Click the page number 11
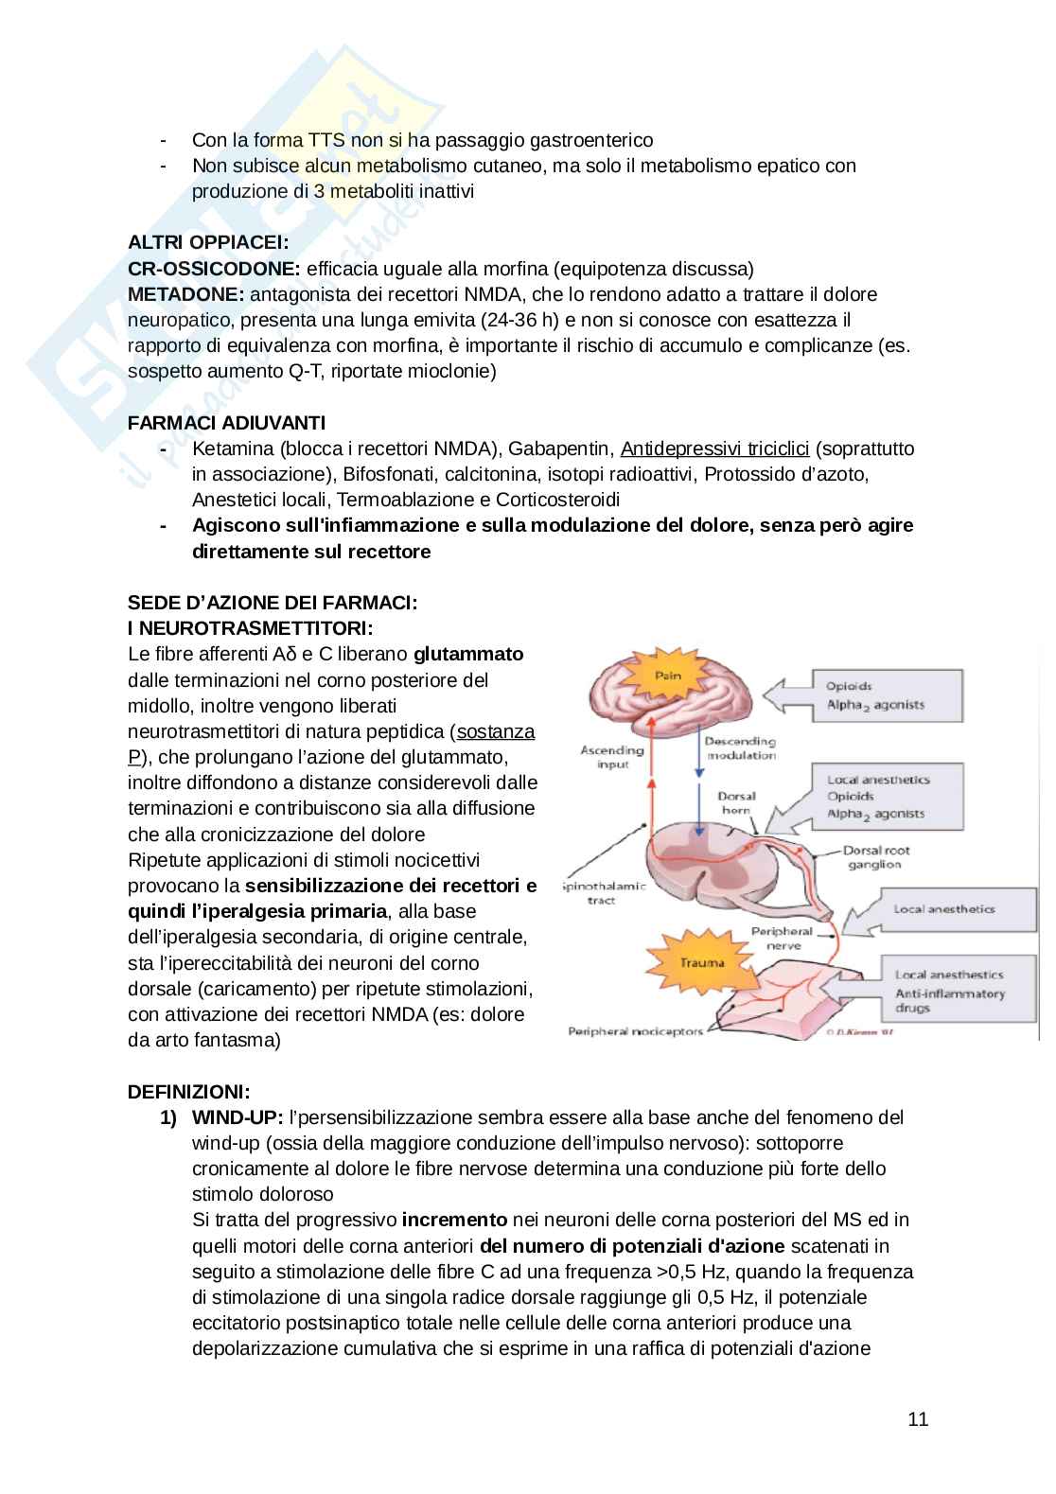point(918,1419)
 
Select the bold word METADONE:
point(186,294)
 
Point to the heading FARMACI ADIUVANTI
point(226,422)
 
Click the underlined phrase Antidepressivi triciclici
point(714,448)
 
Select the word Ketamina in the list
point(232,448)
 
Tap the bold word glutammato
point(468,654)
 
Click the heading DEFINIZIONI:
point(189,1092)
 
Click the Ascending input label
point(613,757)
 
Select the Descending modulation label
point(740,748)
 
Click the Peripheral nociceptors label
point(635,1031)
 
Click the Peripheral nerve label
point(782,938)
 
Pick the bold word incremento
point(454,1220)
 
